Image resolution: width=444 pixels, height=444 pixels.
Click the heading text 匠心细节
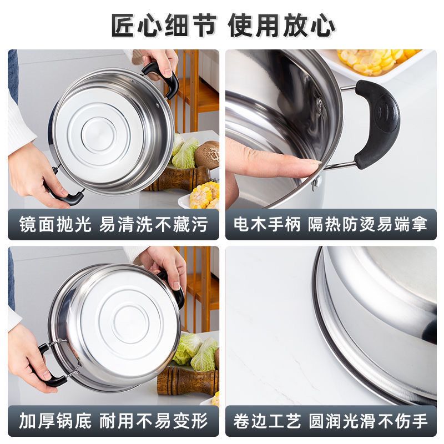coord(164,25)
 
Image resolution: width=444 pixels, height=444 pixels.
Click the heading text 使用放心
coord(281,25)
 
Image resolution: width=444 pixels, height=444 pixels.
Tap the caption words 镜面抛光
coord(55,225)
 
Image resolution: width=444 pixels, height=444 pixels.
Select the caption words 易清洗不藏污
coord(154,225)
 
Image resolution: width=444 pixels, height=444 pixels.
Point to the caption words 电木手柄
coord(266,225)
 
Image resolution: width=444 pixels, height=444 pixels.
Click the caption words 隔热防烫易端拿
coord(367,225)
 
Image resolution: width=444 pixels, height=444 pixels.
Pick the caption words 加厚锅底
coord(55,421)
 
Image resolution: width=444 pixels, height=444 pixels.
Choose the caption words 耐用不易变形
coord(154,421)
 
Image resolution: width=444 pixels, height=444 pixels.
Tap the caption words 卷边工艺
coord(266,421)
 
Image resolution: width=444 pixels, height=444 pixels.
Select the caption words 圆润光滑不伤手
coord(368,421)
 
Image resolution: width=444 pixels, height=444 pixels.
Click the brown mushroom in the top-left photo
coord(206,154)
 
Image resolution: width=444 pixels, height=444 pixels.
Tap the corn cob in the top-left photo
coord(204,195)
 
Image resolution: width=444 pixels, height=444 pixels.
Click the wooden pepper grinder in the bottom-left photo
coord(188,381)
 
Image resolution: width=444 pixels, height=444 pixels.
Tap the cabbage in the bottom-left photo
coord(195,351)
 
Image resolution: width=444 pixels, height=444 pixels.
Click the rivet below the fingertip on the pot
coord(316,181)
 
